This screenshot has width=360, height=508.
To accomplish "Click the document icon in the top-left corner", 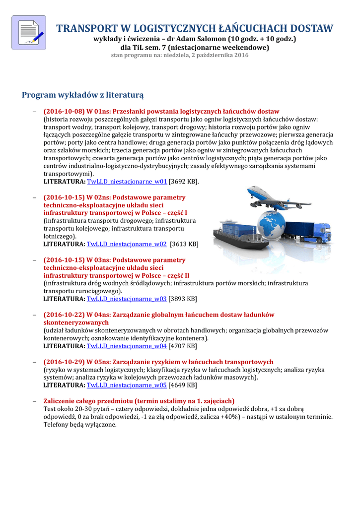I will (x=28, y=32).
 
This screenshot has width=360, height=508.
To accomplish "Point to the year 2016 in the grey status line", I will (x=241, y=55).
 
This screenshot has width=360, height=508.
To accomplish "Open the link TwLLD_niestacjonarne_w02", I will (x=127, y=244).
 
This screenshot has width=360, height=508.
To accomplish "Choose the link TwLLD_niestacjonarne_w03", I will (x=127, y=299).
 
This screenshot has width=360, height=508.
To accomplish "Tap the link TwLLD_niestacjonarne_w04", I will (x=127, y=346).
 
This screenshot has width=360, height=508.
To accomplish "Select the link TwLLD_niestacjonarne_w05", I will (x=127, y=385).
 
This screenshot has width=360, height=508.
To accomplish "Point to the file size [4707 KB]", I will (x=183, y=346).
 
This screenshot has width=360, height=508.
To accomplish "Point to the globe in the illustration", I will (x=268, y=226).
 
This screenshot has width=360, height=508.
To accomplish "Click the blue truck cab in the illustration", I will (x=321, y=232).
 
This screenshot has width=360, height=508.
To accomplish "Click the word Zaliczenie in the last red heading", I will (x=62, y=401).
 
